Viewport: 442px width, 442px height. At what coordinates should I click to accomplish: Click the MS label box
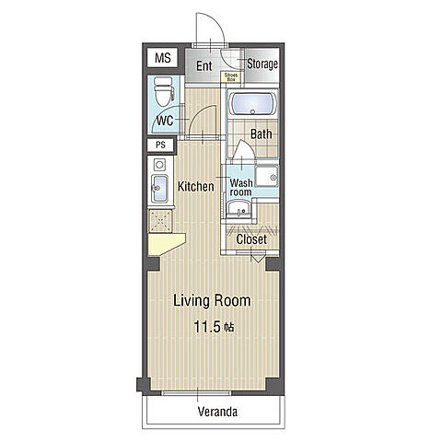162,58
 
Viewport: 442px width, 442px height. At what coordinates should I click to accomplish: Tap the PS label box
160,145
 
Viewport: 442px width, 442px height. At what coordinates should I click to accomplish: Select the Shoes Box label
231,77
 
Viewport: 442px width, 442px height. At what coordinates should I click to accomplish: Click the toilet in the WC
164,91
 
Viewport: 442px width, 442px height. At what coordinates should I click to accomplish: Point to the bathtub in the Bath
252,104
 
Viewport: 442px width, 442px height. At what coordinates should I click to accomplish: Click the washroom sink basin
238,209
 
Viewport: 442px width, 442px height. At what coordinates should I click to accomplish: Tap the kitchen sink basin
160,189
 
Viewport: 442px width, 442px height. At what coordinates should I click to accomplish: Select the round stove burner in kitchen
159,165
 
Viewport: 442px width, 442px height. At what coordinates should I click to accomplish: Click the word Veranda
217,412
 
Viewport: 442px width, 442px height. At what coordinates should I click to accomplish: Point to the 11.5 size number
207,327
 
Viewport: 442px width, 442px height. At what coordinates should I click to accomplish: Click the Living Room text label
212,300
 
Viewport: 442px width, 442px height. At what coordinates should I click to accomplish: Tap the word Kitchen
196,186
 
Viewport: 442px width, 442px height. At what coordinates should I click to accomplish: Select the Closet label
251,239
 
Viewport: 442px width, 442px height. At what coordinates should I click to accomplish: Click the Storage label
262,64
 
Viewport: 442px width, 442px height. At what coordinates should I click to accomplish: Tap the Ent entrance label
204,65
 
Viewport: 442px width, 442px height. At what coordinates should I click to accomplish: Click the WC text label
165,121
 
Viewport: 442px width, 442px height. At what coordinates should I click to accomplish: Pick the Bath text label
262,134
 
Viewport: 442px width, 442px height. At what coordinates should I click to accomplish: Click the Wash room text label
241,188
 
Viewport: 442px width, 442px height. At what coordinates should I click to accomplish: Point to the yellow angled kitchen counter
166,244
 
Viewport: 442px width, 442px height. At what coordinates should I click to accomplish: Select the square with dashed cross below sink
159,221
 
